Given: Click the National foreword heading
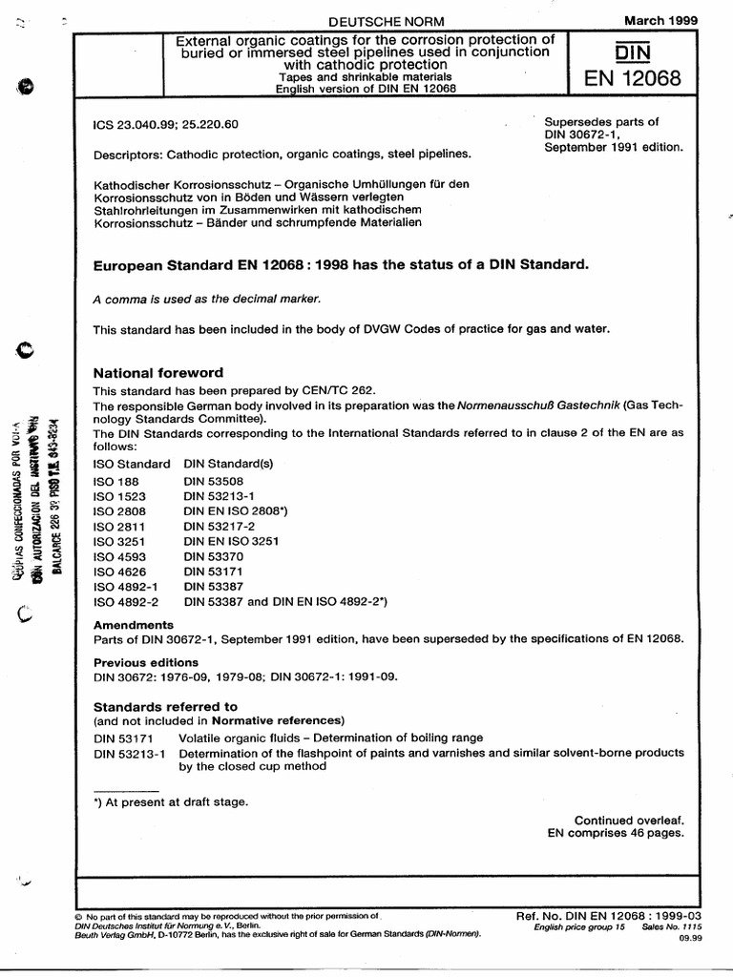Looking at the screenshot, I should point(157,372).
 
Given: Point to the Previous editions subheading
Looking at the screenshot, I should point(145,662).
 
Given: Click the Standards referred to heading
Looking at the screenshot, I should point(164,706).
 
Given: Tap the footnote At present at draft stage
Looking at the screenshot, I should point(170,801).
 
